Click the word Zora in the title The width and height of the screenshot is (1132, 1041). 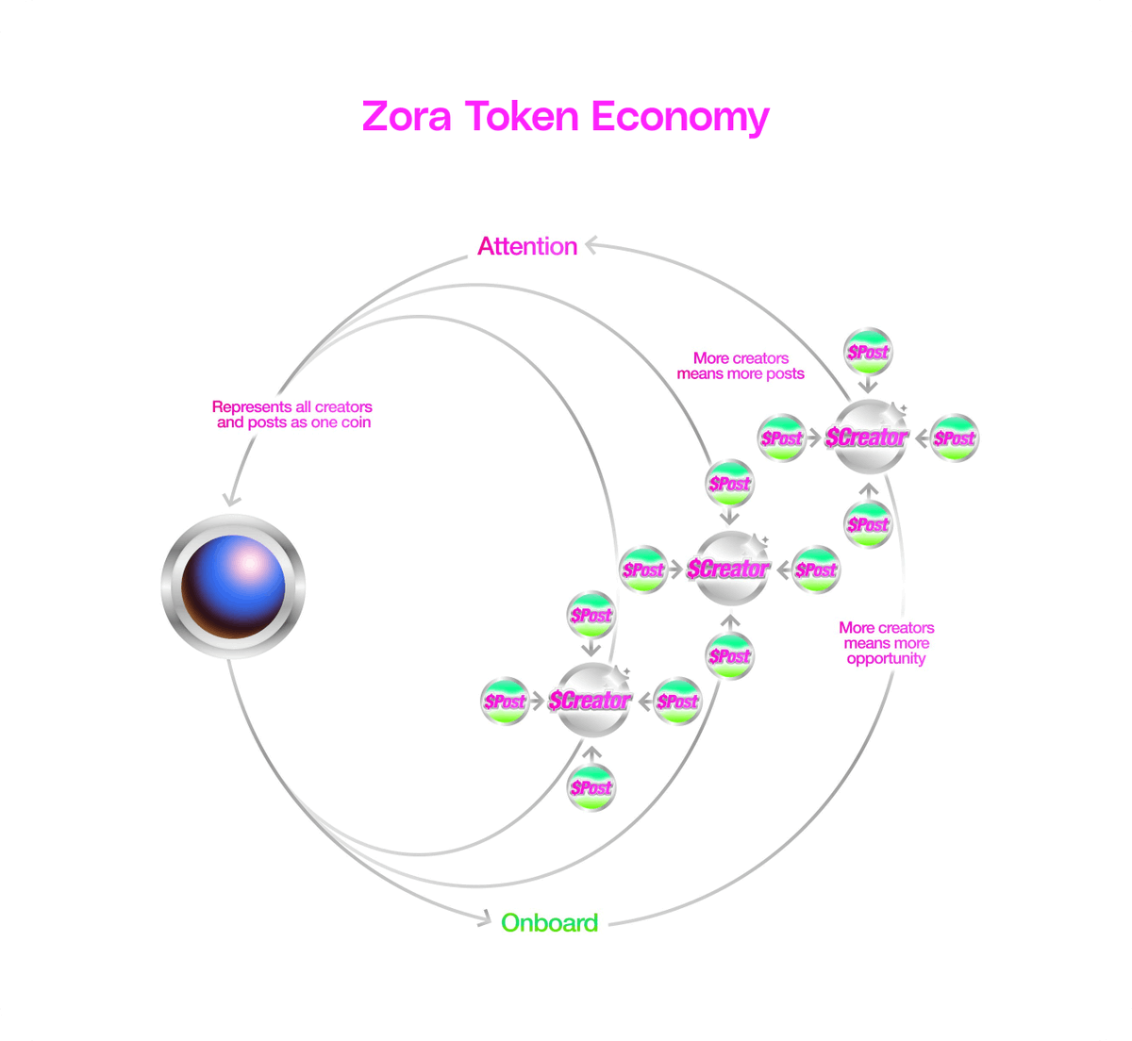pyautogui.click(x=407, y=117)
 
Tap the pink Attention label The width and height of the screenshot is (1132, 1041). pyautogui.click(x=527, y=246)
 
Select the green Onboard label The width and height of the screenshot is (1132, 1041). pyautogui.click(x=549, y=922)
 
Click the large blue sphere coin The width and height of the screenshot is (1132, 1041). pyautogui.click(x=233, y=587)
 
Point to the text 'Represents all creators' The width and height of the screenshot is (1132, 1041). pyautogui.click(x=292, y=407)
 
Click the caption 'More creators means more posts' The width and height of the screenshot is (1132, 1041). pyautogui.click(x=741, y=366)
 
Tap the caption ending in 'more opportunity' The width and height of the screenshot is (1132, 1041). pyautogui.click(x=886, y=643)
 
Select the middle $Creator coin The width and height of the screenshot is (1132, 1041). pyautogui.click(x=729, y=569)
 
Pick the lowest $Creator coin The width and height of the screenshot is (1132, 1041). pyautogui.click(x=591, y=700)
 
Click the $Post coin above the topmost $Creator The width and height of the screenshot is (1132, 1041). pyautogui.click(x=868, y=353)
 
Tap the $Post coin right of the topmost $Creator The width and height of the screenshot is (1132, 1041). pyautogui.click(x=954, y=438)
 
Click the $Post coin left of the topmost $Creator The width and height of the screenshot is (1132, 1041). pyautogui.click(x=782, y=438)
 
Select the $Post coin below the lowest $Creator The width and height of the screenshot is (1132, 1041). pyautogui.click(x=591, y=786)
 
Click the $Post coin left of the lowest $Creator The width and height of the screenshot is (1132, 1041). pyautogui.click(x=505, y=701)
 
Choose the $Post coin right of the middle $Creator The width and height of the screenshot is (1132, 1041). pyautogui.click(x=816, y=570)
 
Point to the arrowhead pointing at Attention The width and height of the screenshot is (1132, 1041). pyautogui.click(x=591, y=245)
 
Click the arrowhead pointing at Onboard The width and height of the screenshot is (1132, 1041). pyautogui.click(x=485, y=917)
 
